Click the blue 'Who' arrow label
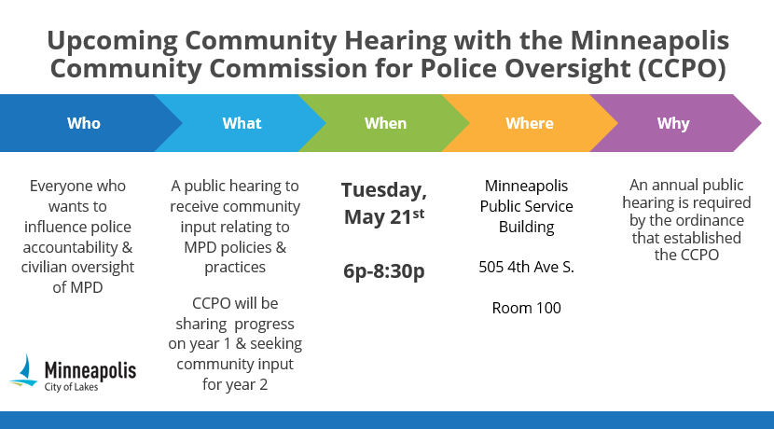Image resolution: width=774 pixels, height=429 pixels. point(83,123)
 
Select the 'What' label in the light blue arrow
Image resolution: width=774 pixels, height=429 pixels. point(242,123)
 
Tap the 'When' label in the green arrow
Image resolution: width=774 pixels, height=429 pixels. point(385,123)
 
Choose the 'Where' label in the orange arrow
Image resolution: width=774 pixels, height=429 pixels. point(529,123)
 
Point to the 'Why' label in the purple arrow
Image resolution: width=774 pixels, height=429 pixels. point(673,123)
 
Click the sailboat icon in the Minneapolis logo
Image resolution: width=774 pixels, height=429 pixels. point(26,371)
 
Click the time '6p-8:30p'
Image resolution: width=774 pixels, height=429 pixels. point(384,271)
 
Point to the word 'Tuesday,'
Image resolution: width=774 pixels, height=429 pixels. point(384,191)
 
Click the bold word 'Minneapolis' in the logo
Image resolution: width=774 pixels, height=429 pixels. point(90,369)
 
